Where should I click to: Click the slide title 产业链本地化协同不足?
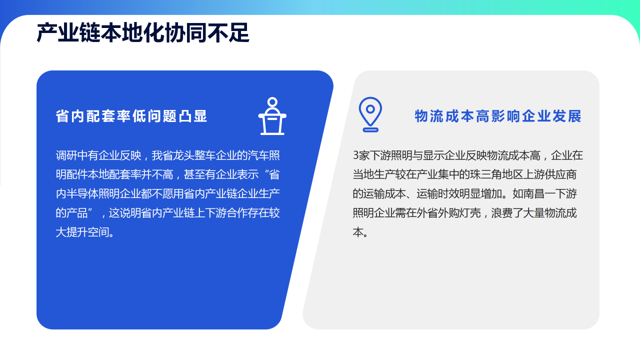pyautogui.click(x=143, y=33)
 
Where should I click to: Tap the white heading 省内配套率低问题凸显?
pyautogui.click(x=131, y=116)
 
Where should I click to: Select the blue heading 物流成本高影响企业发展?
pyautogui.click(x=498, y=116)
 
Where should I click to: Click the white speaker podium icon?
pyautogui.click(x=272, y=116)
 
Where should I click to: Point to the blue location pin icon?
pyautogui.click(x=370, y=114)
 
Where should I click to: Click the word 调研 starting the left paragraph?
pyautogui.click(x=66, y=155)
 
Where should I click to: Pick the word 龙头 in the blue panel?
pyautogui.click(x=183, y=155)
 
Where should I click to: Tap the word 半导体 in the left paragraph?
pyautogui.click(x=82, y=193)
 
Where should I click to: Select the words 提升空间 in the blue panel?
pyautogui.click(x=87, y=232)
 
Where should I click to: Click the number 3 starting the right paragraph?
pyautogui.click(x=355, y=155)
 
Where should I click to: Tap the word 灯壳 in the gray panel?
pyautogui.click(x=470, y=213)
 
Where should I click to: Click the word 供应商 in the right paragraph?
pyautogui.click(x=560, y=174)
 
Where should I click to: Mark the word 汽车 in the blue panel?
pyautogui.click(x=258, y=155)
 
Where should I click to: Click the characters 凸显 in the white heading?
pyautogui.click(x=193, y=116)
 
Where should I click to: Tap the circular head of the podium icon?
pyautogui.click(x=272, y=102)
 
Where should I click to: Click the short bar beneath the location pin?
pyautogui.click(x=370, y=130)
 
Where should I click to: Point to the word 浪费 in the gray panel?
pyautogui.click(x=502, y=213)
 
